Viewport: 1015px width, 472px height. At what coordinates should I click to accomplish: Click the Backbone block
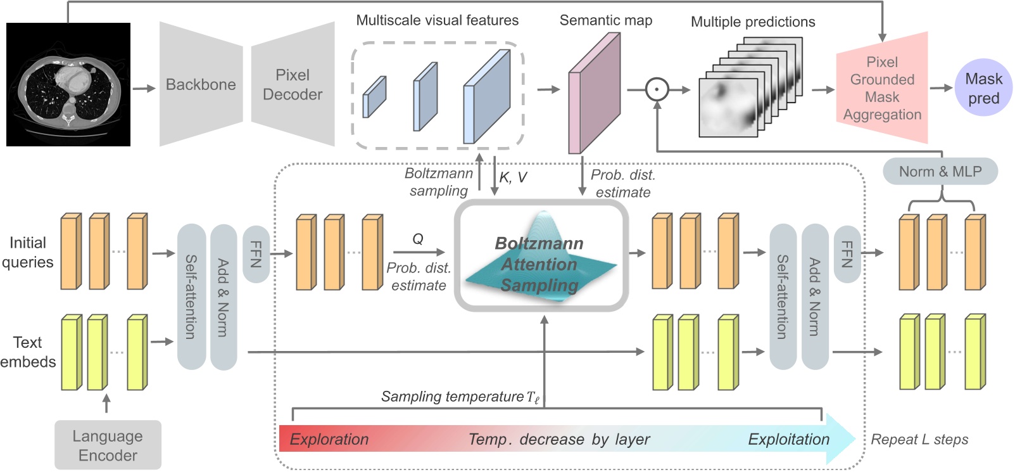[x=201, y=84]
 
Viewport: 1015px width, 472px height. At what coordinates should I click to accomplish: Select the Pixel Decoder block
[x=293, y=84]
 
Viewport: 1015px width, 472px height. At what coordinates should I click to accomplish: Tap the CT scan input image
[x=68, y=85]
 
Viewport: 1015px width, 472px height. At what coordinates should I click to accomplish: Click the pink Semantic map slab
[x=594, y=93]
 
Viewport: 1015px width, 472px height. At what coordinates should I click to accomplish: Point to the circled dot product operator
[x=657, y=89]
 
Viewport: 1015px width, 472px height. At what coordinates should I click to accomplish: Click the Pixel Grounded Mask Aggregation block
[x=882, y=88]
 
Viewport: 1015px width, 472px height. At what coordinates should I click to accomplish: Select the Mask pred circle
[x=983, y=88]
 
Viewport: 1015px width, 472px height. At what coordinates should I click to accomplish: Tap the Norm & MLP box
[x=940, y=172]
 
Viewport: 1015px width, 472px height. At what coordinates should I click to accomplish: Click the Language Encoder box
[x=108, y=445]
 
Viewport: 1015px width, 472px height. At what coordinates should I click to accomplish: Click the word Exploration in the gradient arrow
[x=329, y=439]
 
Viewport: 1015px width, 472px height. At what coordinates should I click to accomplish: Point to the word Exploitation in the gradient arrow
[x=788, y=439]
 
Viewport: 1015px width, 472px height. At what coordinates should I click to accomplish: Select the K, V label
[x=512, y=177]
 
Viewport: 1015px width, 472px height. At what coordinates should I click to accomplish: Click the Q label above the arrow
[x=418, y=239]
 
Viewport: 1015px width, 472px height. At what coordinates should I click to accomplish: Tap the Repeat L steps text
[x=919, y=439]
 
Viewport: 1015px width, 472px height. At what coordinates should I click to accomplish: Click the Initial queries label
[x=27, y=252]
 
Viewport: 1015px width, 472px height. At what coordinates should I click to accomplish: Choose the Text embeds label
[x=28, y=352]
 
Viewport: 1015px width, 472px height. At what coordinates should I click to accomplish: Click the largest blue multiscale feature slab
[x=487, y=96]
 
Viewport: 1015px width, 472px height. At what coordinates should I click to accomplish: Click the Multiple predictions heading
[x=753, y=22]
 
